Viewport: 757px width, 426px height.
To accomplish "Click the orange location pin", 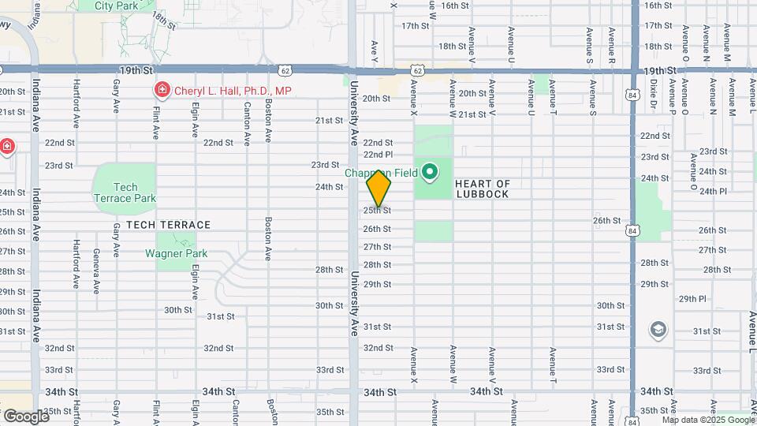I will coord(379,189).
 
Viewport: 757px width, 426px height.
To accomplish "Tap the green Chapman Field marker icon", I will coord(430,171).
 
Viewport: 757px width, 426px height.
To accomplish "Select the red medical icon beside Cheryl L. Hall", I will coord(162,91).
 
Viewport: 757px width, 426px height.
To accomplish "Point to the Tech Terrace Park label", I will coord(125,192).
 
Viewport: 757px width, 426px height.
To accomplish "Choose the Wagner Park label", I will coord(176,253).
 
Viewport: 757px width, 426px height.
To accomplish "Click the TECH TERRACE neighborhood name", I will coord(168,225).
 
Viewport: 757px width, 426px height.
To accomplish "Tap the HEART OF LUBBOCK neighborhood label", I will coord(483,189).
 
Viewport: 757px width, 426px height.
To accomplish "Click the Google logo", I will coord(25,416).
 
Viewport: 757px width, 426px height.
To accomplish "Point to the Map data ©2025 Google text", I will coord(707,420).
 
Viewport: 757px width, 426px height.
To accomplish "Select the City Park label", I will coord(115,5).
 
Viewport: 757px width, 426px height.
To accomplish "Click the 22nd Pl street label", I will coord(378,155).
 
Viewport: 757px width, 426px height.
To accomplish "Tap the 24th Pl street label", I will coord(712,191).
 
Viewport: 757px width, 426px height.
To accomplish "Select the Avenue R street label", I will coord(612,45).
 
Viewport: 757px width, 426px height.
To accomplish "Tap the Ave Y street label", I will coord(375,51).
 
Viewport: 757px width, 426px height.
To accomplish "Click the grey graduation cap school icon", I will coord(658,328).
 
